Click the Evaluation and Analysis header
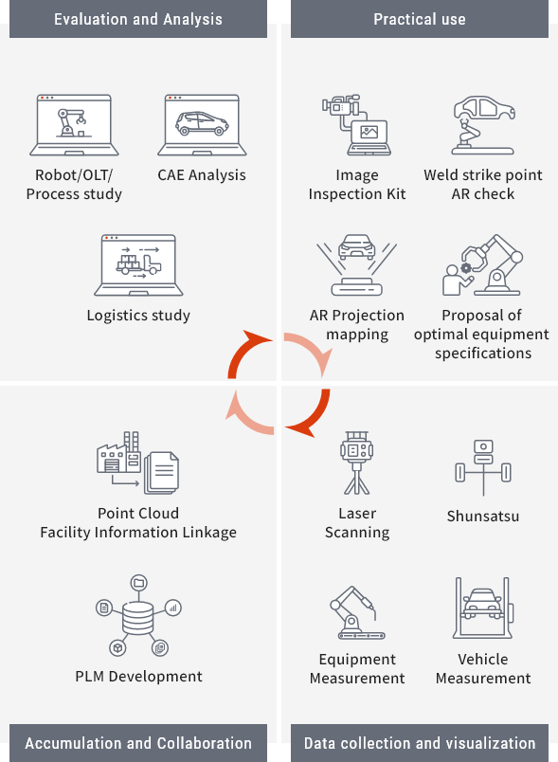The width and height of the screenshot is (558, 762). pyautogui.click(x=138, y=19)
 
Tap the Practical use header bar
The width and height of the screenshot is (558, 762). pyautogui.click(x=420, y=19)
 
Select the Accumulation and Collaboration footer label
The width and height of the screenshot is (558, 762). pyautogui.click(x=138, y=743)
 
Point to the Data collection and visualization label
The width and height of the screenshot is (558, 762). pyautogui.click(x=420, y=743)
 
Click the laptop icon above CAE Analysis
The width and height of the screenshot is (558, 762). pyautogui.click(x=202, y=125)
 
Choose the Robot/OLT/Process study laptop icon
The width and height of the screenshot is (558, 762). pyautogui.click(x=74, y=125)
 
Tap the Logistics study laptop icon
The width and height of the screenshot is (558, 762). pyautogui.click(x=138, y=264)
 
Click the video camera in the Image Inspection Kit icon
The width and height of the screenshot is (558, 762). pyautogui.click(x=341, y=104)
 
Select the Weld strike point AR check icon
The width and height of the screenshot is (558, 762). pyautogui.click(x=484, y=125)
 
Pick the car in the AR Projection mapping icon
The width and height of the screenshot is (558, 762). pyautogui.click(x=357, y=247)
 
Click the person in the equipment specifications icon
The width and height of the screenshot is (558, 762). pyautogui.click(x=454, y=280)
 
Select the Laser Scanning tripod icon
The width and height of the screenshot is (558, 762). pyautogui.click(x=357, y=463)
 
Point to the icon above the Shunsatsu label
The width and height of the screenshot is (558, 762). pyautogui.click(x=483, y=467)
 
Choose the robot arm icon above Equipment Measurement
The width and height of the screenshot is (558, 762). pyautogui.click(x=357, y=612)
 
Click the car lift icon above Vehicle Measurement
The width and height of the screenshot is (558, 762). pyautogui.click(x=483, y=608)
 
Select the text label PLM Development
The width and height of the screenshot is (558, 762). pyautogui.click(x=138, y=676)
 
